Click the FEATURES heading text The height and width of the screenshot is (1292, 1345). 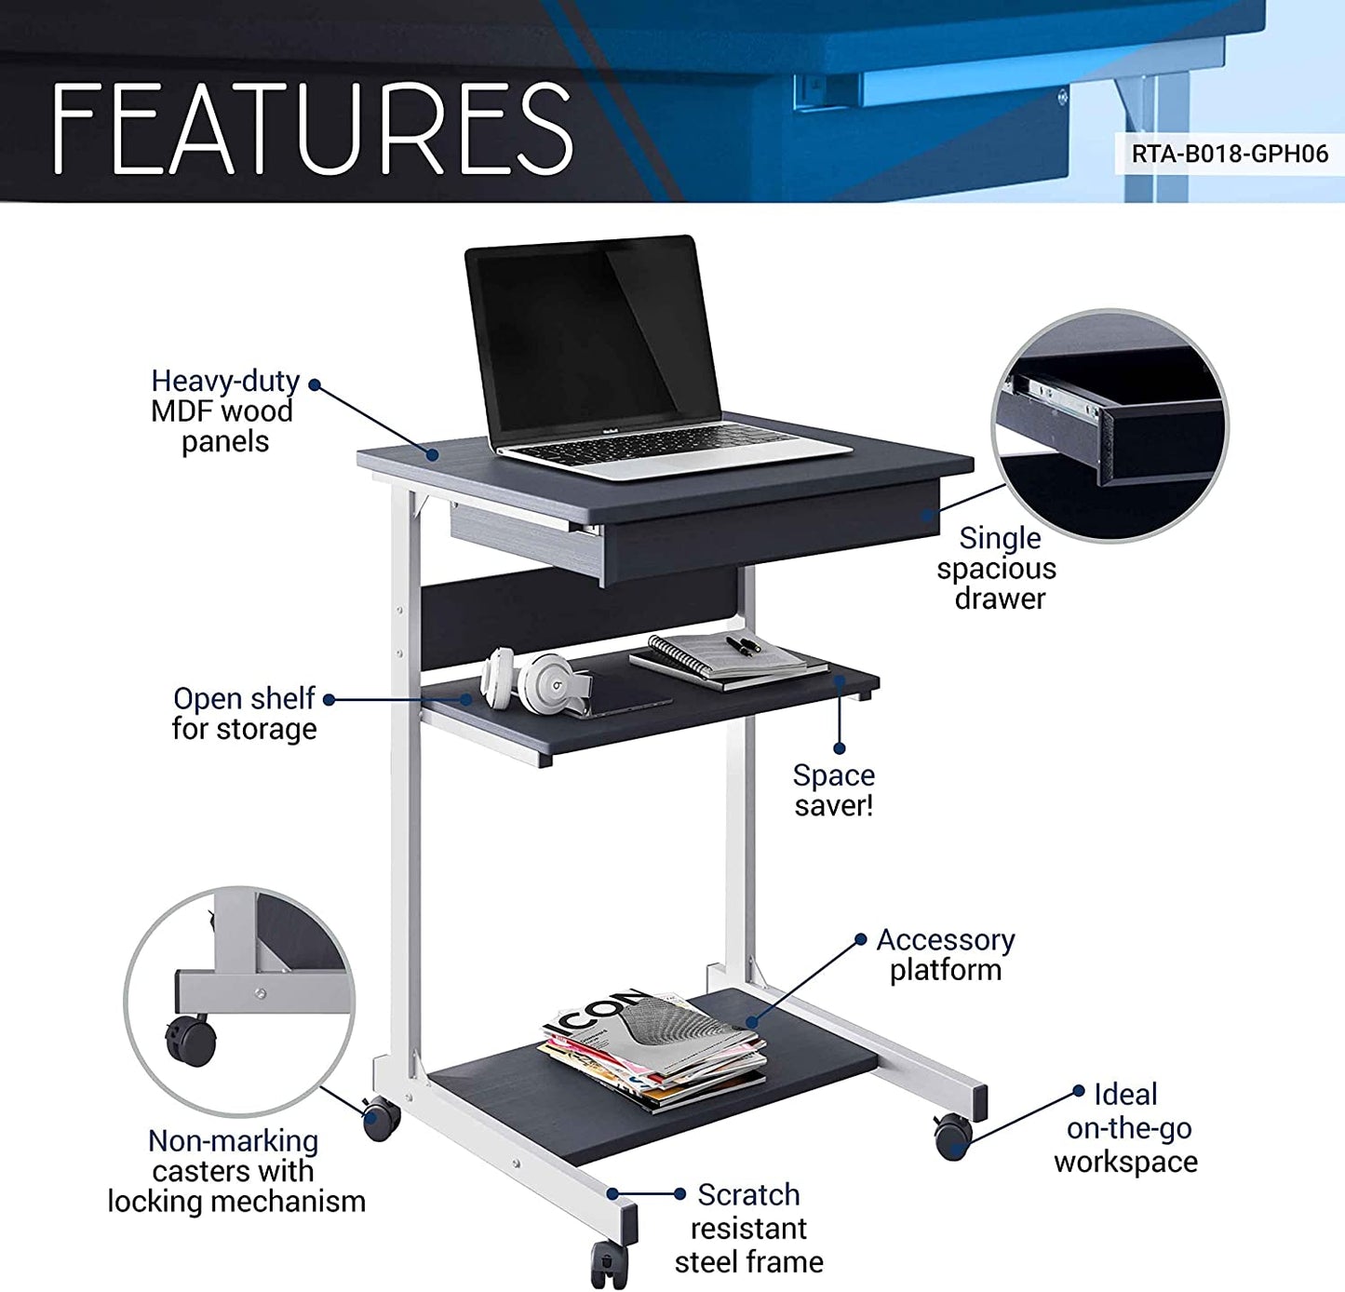(x=312, y=128)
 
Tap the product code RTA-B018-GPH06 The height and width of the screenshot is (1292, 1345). (x=1230, y=154)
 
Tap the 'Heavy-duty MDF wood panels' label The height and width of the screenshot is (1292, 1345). (x=224, y=410)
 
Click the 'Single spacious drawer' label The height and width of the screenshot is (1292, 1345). (x=997, y=568)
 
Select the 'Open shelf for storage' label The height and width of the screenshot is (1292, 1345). (x=244, y=713)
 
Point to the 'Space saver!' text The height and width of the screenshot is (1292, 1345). (x=834, y=789)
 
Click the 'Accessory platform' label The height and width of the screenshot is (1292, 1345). (x=946, y=954)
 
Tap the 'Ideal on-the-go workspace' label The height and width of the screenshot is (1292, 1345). (x=1126, y=1127)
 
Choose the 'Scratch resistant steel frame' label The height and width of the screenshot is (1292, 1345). (x=749, y=1228)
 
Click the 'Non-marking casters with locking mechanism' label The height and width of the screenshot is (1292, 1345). (x=235, y=1170)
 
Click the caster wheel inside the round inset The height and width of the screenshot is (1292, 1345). (x=192, y=1040)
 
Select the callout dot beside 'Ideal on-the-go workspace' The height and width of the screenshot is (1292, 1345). (x=1079, y=1091)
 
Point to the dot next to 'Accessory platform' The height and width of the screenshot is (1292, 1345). (x=861, y=940)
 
